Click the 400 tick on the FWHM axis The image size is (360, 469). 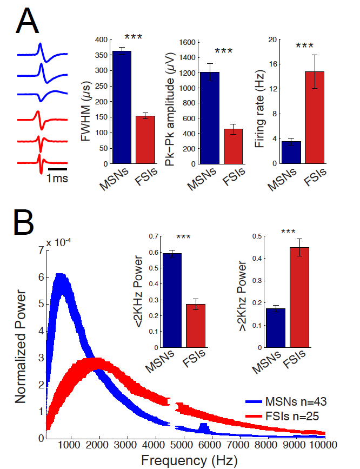pyautogui.click(x=99, y=40)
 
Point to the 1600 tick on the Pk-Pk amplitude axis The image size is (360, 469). pyautogui.click(x=185, y=42)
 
